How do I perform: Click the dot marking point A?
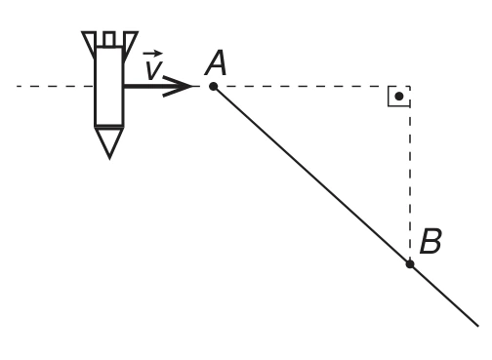tap(214, 87)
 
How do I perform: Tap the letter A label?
tap(216, 63)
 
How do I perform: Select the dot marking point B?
tap(410, 264)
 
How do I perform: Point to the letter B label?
tap(430, 241)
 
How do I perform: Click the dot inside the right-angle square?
tap(399, 97)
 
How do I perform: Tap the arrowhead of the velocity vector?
tap(179, 86)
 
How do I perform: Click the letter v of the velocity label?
tap(153, 70)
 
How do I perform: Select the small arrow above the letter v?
tap(152, 53)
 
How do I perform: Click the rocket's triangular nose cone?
tap(109, 141)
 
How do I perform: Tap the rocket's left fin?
tap(89, 44)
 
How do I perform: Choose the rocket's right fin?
tap(130, 44)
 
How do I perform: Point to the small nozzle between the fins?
tap(109, 39)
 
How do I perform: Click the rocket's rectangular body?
tap(109, 87)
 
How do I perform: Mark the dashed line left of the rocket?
tap(55, 86)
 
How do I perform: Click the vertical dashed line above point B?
tap(410, 173)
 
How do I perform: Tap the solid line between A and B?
tap(311, 176)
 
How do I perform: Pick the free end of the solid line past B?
tap(478, 326)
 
